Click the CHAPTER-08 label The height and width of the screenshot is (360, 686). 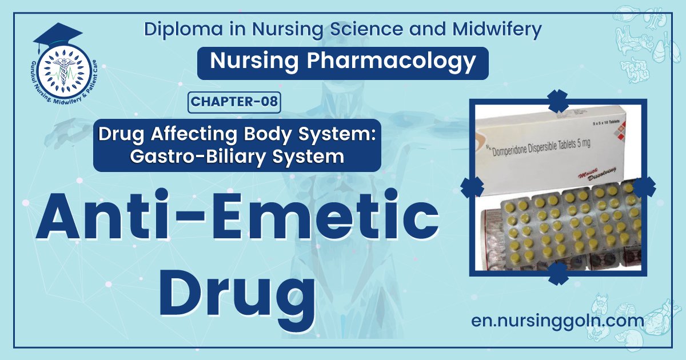(234, 102)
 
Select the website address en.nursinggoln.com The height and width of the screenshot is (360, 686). (557, 321)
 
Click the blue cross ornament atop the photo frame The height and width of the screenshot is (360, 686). (557, 101)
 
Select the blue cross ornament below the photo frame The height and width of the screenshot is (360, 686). (557, 274)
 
